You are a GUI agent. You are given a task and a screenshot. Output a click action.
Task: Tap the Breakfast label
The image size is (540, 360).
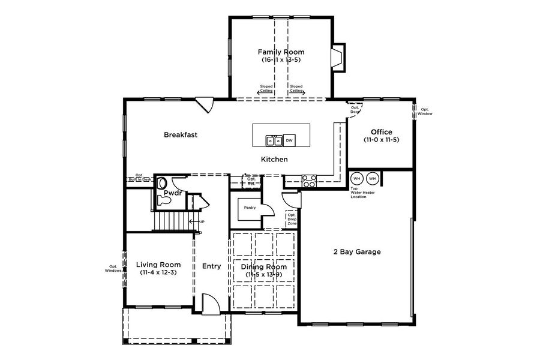pyautogui.click(x=181, y=135)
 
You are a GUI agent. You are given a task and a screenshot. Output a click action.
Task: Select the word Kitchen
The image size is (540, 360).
pyautogui.click(x=274, y=160)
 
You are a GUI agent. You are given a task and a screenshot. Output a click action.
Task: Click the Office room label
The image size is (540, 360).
pyautogui.click(x=381, y=132)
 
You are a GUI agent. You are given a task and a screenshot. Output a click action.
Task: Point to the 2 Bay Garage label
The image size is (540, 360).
pyautogui.click(x=357, y=252)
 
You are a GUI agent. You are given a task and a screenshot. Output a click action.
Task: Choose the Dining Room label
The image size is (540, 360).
pyautogui.click(x=264, y=267)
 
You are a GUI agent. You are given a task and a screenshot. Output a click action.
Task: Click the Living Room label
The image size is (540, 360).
pyautogui.click(x=158, y=265)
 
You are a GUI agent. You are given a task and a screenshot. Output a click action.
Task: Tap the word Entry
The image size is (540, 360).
pyautogui.click(x=211, y=266)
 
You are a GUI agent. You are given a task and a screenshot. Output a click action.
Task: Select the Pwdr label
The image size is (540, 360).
pyautogui.click(x=173, y=193)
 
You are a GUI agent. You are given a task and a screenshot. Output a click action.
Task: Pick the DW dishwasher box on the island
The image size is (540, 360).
pyautogui.click(x=289, y=140)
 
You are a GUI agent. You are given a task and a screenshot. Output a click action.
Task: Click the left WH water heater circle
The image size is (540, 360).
pyautogui.click(x=357, y=179)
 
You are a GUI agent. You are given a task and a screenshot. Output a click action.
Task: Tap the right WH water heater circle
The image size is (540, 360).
pyautogui.click(x=372, y=179)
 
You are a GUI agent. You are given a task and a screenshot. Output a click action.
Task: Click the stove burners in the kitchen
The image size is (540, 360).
pyautogui.click(x=309, y=181)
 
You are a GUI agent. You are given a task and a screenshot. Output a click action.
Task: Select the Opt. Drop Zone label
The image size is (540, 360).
pyautogui.click(x=292, y=219)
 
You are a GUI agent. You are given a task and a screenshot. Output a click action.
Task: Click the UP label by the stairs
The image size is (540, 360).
pyautogui.click(x=202, y=222)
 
